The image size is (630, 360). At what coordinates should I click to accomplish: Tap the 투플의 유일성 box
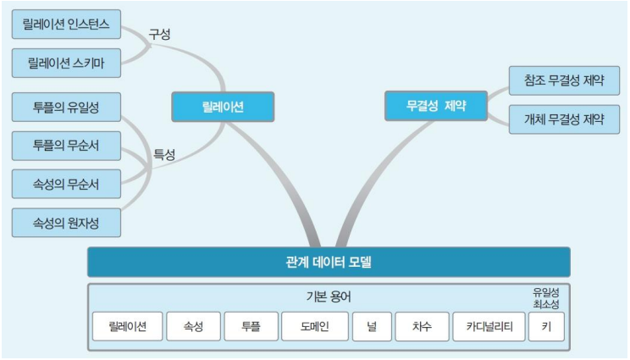click(67, 108)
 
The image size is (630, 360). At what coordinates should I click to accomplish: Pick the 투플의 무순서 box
click(67, 145)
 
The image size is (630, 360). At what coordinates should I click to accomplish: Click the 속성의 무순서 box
click(67, 182)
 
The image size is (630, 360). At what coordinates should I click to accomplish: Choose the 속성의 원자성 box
click(67, 222)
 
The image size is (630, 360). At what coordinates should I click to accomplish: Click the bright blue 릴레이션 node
click(223, 107)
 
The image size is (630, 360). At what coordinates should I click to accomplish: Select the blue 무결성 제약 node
click(437, 107)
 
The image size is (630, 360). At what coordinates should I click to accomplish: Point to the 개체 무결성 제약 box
click(565, 119)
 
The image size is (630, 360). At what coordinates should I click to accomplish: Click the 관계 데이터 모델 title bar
click(329, 262)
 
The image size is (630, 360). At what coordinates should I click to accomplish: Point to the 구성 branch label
click(160, 35)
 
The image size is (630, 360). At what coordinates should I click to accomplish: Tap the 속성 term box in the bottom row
click(194, 326)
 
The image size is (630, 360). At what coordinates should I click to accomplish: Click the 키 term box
click(546, 326)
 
